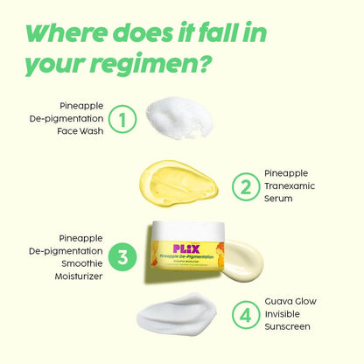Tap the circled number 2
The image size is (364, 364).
coord(244,185)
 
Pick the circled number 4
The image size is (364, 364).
coord(244,314)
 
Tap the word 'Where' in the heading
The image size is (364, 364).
coord(73,32)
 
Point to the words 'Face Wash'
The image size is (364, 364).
coord(80,131)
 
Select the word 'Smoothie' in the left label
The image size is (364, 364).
coord(84,262)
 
